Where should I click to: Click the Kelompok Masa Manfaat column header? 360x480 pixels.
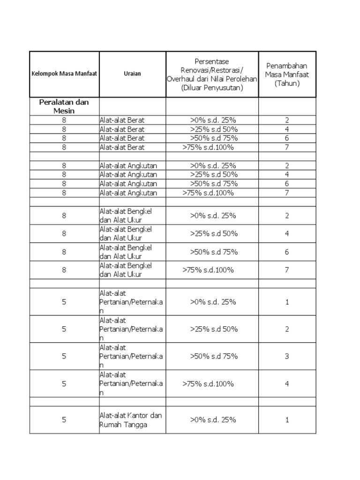(64, 74)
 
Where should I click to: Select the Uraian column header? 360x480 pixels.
(133, 74)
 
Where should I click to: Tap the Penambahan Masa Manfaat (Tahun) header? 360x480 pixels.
(287, 74)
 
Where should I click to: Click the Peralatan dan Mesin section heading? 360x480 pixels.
(64, 106)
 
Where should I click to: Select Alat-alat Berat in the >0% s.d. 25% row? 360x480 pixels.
(122, 120)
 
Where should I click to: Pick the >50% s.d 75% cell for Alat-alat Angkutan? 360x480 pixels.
(214, 184)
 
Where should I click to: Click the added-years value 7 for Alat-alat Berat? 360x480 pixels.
(287, 147)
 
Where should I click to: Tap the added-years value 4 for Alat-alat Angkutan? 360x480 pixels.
(287, 175)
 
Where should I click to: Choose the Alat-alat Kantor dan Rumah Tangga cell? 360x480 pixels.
(131, 420)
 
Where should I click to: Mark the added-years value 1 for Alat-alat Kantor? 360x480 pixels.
(287, 420)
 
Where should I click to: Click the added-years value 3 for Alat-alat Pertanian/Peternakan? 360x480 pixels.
(287, 356)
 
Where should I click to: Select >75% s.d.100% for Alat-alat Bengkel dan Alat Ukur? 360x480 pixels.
(208, 270)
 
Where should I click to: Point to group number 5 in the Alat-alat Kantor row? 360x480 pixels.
(64, 420)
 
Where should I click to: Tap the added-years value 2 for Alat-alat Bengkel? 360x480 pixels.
(287, 216)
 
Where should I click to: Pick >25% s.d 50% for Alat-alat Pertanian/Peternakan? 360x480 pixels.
(214, 329)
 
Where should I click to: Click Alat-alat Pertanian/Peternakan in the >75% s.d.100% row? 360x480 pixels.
(131, 384)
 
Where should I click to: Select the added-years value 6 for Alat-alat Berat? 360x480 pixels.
(287, 138)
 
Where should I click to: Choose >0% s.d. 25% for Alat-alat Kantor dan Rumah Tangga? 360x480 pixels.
(213, 420)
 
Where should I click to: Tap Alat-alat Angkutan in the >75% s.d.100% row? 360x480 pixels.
(128, 193)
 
